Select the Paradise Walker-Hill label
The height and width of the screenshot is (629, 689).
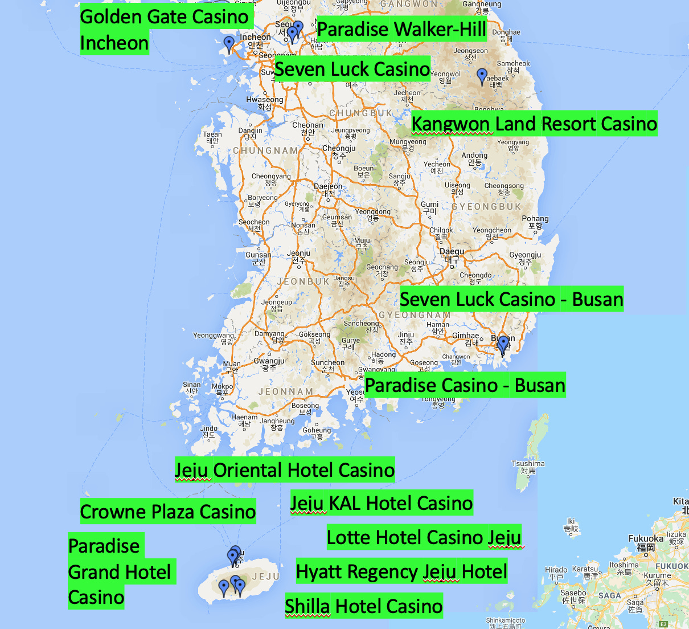[401, 29]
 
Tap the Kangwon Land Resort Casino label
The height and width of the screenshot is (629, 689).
[534, 124]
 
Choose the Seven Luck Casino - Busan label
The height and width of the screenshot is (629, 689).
[511, 299]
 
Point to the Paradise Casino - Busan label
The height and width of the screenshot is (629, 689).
[465, 386]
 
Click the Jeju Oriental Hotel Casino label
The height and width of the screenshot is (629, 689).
[284, 470]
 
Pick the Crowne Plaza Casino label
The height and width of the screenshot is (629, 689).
[167, 512]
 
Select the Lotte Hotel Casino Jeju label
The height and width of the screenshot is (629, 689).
[424, 537]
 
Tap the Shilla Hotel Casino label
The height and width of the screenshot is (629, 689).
[363, 606]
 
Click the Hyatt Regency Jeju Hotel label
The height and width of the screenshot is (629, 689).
[401, 571]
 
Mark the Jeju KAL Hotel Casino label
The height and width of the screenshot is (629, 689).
[381, 503]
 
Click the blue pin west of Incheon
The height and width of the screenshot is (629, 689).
[229, 43]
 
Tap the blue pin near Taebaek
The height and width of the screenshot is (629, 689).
[482, 75]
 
